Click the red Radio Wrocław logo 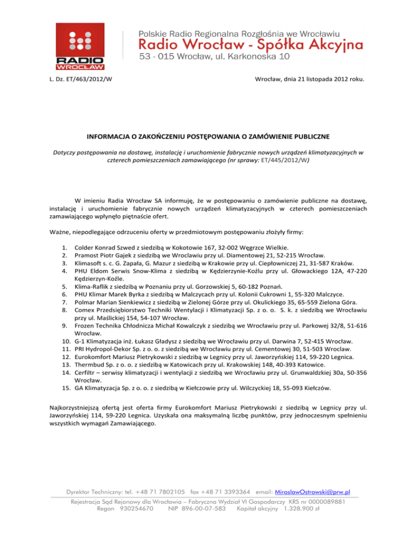pos(89,47)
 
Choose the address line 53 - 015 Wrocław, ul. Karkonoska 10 pos(215,56)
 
